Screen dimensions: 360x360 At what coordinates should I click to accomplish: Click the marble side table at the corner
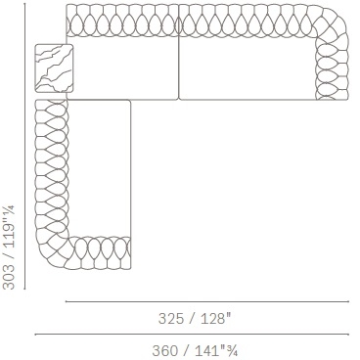click(54, 68)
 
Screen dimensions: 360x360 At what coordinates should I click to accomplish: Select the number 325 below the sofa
click(171, 318)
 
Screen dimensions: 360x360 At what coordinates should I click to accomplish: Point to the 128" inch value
click(215, 318)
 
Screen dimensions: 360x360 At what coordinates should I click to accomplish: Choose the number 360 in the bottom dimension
click(165, 351)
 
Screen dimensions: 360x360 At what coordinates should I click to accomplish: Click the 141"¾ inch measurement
click(216, 351)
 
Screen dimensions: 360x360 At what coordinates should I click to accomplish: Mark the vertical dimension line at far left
click(24, 146)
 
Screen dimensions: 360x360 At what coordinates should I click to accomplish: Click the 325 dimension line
click(207, 301)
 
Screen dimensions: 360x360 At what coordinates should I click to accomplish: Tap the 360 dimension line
click(192, 335)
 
